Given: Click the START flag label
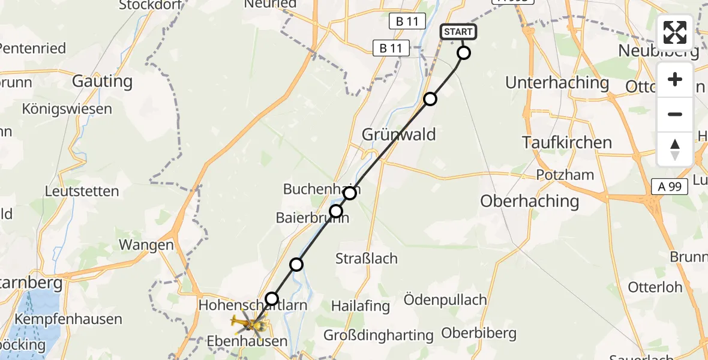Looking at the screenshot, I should point(459,32).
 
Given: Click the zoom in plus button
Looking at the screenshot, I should point(675,80).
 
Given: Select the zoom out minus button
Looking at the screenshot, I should point(675,114).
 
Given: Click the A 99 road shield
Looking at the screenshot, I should point(670,187).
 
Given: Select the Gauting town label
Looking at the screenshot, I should point(102,80).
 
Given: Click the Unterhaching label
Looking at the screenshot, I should point(557,82).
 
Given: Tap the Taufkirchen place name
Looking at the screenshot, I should point(567,143).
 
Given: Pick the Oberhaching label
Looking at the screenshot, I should point(529,201).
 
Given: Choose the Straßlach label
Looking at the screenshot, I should point(366,259).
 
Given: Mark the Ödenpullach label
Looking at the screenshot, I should point(444,299).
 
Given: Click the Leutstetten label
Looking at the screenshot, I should point(82,191).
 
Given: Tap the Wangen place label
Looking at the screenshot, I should point(146,245).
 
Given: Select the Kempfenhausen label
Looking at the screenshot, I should point(68,319).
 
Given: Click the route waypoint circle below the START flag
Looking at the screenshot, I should point(464,53).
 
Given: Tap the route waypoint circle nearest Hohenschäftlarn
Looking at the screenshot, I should point(272,299).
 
